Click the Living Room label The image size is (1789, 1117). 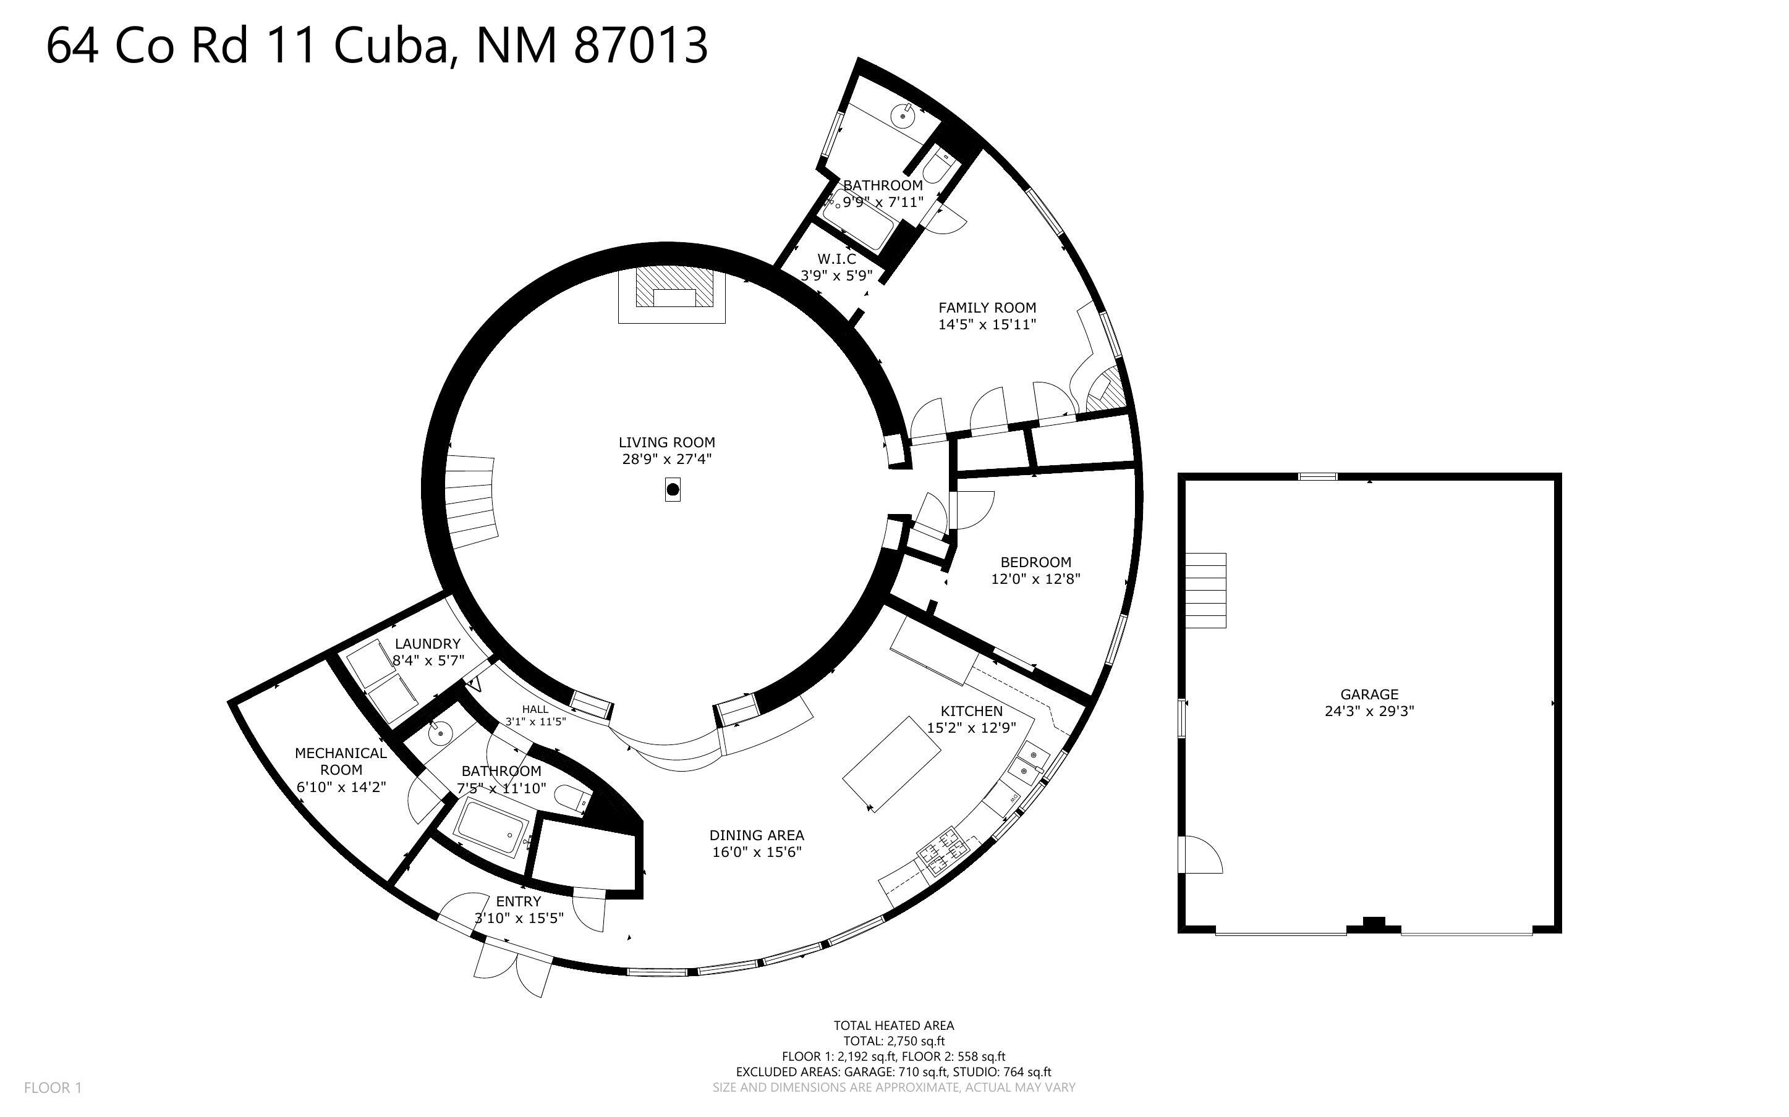[666, 442]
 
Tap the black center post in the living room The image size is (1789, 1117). [673, 489]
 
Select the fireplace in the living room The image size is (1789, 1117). [672, 295]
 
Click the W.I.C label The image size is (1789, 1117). [836, 259]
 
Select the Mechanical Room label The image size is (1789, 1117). [341, 761]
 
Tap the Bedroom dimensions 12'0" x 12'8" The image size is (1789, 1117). [1035, 579]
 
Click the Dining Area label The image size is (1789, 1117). [756, 835]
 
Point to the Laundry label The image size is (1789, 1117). [427, 644]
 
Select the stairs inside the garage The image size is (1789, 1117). [1205, 590]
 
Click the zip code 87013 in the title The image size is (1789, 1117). [640, 45]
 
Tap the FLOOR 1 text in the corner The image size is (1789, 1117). [53, 1087]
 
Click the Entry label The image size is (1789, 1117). [518, 901]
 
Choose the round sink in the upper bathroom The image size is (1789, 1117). [903, 116]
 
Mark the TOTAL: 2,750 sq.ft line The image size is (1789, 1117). [893, 1042]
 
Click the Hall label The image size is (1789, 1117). [535, 709]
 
